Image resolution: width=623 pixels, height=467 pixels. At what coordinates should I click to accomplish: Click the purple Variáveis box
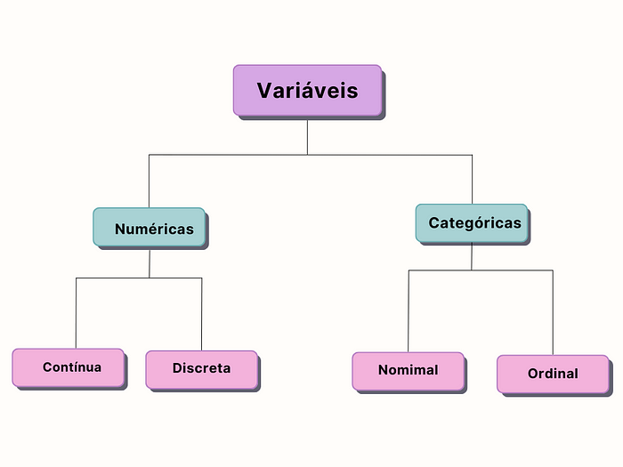pyautogui.click(x=308, y=91)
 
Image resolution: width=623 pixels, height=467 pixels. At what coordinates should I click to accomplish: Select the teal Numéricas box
pyautogui.click(x=150, y=229)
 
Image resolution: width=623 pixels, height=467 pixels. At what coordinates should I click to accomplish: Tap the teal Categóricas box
pyautogui.click(x=472, y=223)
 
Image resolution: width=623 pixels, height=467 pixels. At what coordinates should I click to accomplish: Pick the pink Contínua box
pyautogui.click(x=69, y=367)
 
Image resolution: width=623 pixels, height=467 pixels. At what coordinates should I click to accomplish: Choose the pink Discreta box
pyautogui.click(x=201, y=369)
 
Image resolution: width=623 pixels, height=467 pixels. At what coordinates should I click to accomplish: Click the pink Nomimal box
pyautogui.click(x=409, y=371)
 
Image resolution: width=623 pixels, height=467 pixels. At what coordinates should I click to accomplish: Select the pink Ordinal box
pyautogui.click(x=553, y=374)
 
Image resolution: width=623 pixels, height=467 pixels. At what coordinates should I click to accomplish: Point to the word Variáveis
pyautogui.click(x=308, y=91)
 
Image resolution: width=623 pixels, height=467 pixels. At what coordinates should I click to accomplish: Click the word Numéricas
pyautogui.click(x=154, y=229)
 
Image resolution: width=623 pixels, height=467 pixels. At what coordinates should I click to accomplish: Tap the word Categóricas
pyautogui.click(x=474, y=223)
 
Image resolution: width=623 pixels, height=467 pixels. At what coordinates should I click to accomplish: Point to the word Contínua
pyautogui.click(x=72, y=366)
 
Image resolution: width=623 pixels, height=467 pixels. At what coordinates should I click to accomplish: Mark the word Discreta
pyautogui.click(x=201, y=368)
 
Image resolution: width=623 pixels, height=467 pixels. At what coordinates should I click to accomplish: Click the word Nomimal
pyautogui.click(x=409, y=370)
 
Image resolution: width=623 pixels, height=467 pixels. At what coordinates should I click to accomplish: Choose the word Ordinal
pyautogui.click(x=553, y=374)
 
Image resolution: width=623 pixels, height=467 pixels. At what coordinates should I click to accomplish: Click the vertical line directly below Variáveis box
pyautogui.click(x=308, y=136)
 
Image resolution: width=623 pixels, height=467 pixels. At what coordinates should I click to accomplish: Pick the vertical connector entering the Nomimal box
pyautogui.click(x=409, y=311)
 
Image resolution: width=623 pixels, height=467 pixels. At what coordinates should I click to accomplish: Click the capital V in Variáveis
pyautogui.click(x=265, y=91)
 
